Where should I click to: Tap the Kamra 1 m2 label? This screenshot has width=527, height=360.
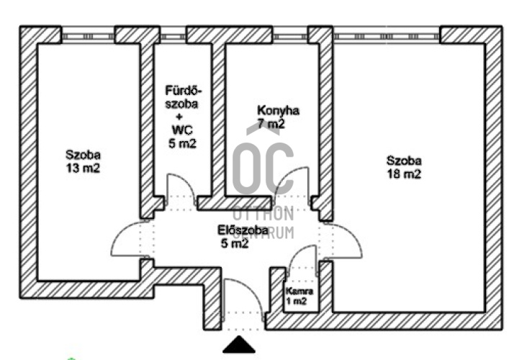click(x=299, y=295)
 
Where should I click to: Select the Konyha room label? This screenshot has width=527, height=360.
click(x=278, y=111)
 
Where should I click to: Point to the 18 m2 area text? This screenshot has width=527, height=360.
click(x=403, y=174)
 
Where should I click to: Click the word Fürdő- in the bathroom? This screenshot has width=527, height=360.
click(x=184, y=91)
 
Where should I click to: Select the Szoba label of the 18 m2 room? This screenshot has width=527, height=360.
click(x=403, y=161)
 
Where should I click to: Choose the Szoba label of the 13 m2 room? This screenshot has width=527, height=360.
click(x=83, y=155)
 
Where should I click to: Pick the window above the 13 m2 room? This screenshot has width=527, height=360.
click(x=88, y=35)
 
